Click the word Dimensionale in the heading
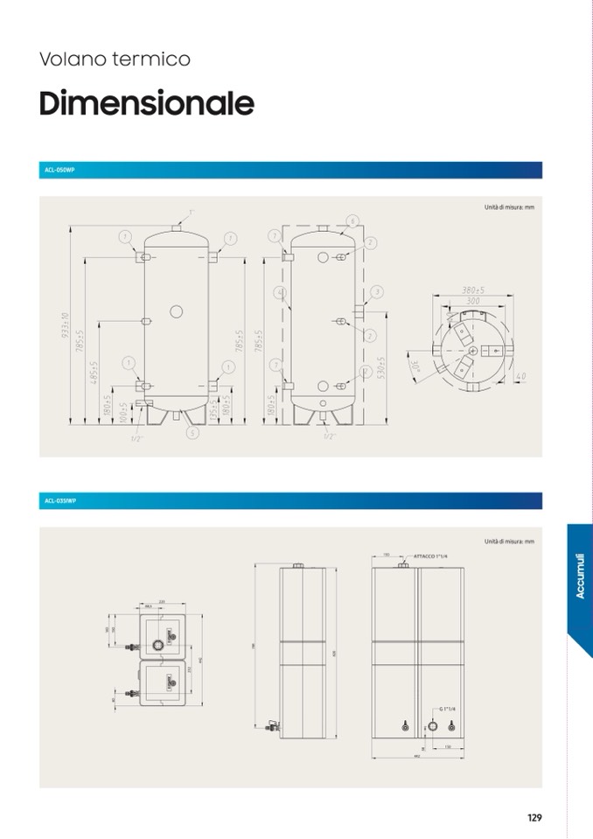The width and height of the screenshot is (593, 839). click(x=146, y=103)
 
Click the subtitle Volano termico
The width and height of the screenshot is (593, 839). click(x=115, y=59)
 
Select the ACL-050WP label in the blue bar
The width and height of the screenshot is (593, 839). click(x=59, y=170)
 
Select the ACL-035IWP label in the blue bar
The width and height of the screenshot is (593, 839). click(x=60, y=501)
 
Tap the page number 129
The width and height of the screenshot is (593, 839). click(x=534, y=818)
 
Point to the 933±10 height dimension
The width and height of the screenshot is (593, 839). click(x=66, y=330)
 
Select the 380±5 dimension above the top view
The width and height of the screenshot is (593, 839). click(x=472, y=290)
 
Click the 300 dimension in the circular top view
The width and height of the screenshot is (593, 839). click(x=472, y=301)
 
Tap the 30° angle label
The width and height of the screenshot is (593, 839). click(x=415, y=364)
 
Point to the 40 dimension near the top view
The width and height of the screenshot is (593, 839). click(x=521, y=376)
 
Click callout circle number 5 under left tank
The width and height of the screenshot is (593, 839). click(x=192, y=432)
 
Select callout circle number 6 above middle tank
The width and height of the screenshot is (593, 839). click(x=352, y=220)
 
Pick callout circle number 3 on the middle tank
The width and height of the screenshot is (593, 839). click(x=377, y=291)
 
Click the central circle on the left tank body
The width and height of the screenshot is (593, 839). click(x=176, y=311)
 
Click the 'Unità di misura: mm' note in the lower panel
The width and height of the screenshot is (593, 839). click(x=508, y=542)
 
